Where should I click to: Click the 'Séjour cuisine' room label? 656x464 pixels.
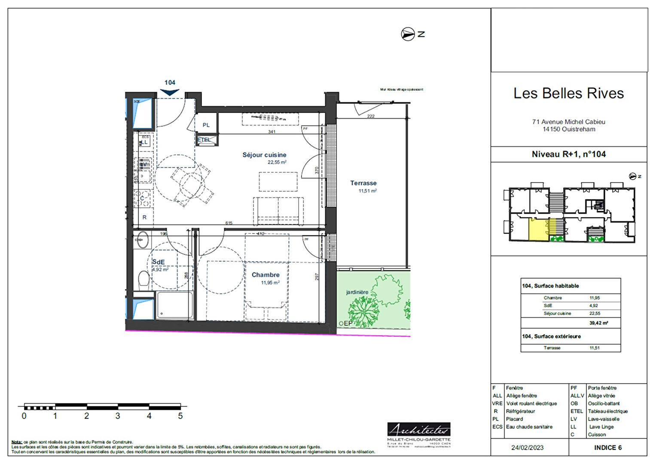(264, 155)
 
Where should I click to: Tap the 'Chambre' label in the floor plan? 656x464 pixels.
(265, 275)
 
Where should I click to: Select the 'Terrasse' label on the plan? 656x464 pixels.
(363, 183)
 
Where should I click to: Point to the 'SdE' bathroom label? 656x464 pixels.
(159, 262)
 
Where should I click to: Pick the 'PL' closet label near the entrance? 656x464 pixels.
(206, 125)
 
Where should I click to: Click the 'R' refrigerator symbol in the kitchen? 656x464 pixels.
(144, 217)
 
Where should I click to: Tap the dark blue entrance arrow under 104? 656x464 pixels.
(170, 92)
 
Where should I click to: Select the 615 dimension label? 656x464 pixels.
(229, 223)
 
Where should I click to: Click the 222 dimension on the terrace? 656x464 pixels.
(371, 116)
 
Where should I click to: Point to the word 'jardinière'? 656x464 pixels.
(357, 292)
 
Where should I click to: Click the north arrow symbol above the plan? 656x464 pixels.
(407, 34)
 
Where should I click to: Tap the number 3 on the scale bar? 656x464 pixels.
(118, 416)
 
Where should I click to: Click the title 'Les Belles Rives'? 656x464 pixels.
(568, 93)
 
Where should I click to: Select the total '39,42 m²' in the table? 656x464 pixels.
(598, 323)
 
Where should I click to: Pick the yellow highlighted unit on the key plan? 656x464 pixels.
(537, 229)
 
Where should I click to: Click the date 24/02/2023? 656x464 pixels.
(527, 448)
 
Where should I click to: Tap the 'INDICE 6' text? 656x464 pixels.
(607, 448)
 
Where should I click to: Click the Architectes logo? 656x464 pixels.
(418, 429)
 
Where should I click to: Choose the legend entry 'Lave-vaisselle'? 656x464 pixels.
(604, 419)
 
